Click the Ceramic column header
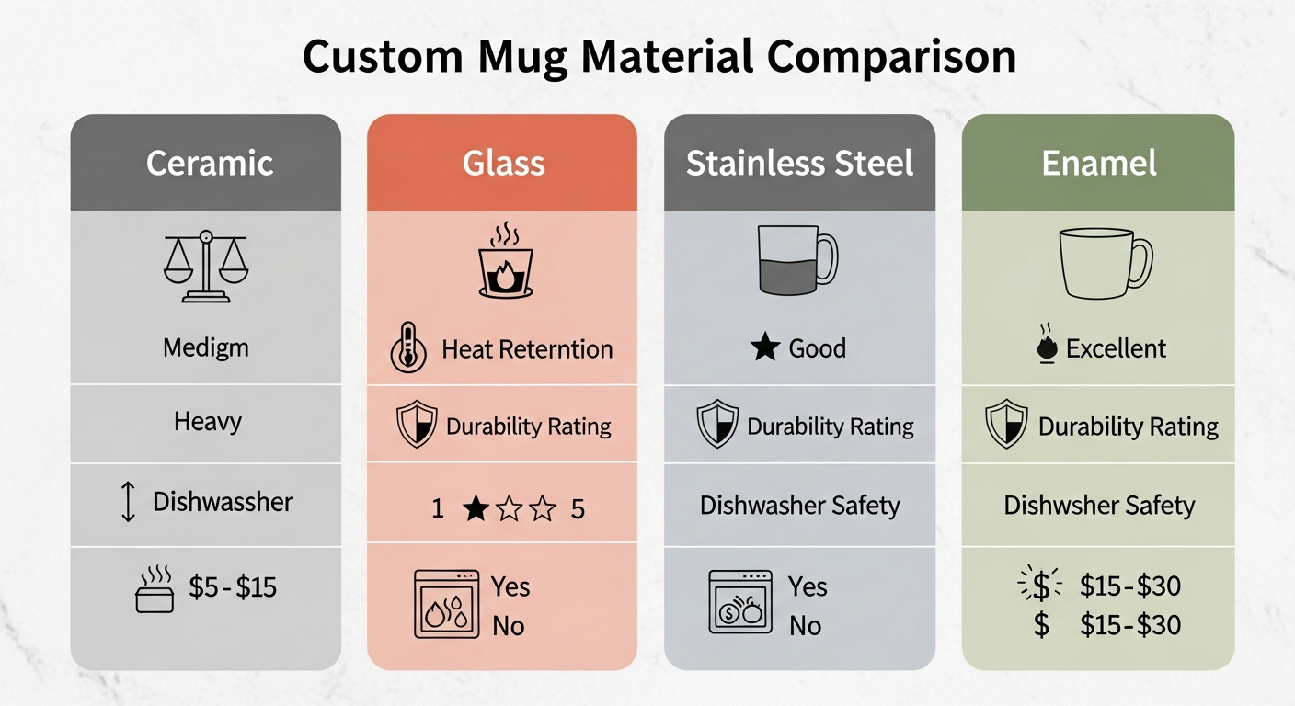tap(210, 164)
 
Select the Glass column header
tap(503, 164)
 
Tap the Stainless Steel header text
tap(799, 164)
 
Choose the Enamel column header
tap(1098, 164)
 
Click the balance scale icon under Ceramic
tap(206, 266)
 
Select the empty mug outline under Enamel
tap(1105, 262)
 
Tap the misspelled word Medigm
tap(206, 348)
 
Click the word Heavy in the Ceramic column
tap(208, 423)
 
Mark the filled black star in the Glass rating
tap(475, 508)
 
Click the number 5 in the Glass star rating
tap(578, 508)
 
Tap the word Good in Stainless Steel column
tap(818, 349)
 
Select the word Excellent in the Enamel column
tap(1116, 349)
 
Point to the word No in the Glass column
tap(508, 626)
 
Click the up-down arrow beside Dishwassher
tap(129, 503)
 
